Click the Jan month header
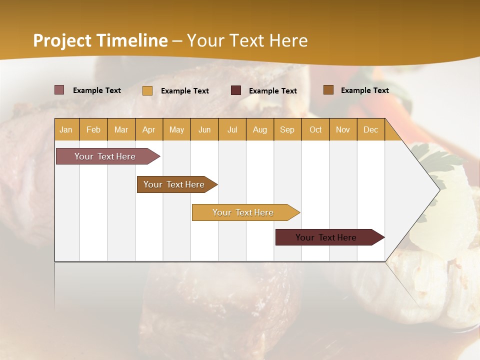(x=66, y=129)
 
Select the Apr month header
(x=148, y=129)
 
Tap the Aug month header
(x=259, y=129)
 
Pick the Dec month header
(x=370, y=129)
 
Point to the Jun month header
(x=204, y=129)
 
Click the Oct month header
(x=315, y=129)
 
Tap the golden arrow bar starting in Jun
(x=243, y=212)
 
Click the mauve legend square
(x=59, y=90)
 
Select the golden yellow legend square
(x=147, y=90)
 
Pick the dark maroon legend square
(x=236, y=90)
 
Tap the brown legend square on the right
(x=328, y=90)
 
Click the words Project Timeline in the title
(x=100, y=40)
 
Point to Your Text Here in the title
(x=247, y=40)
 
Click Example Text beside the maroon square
(x=272, y=91)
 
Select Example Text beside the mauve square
(x=97, y=90)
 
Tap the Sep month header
(x=287, y=129)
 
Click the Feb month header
(x=93, y=129)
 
